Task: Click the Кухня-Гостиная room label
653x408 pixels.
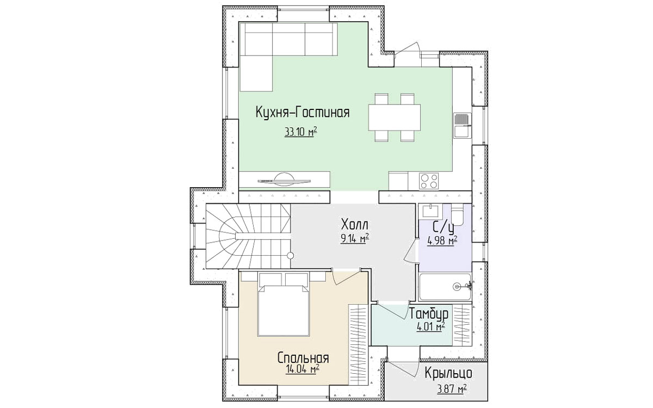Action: [x=303, y=113]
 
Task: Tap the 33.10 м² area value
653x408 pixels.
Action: [x=301, y=132]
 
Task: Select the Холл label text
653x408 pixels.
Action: [x=354, y=225]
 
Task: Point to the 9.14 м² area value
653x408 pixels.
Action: [x=355, y=239]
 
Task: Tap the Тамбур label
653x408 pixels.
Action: [x=429, y=314]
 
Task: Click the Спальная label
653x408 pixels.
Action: [x=303, y=358]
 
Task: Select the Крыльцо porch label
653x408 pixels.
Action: [x=448, y=374]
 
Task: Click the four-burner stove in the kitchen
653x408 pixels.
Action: [x=429, y=181]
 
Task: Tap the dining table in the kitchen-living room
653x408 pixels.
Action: [x=394, y=118]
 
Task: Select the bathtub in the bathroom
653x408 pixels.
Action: [x=445, y=287]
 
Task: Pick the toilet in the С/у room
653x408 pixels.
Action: [x=457, y=214]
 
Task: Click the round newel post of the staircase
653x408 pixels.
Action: [x=290, y=256]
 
